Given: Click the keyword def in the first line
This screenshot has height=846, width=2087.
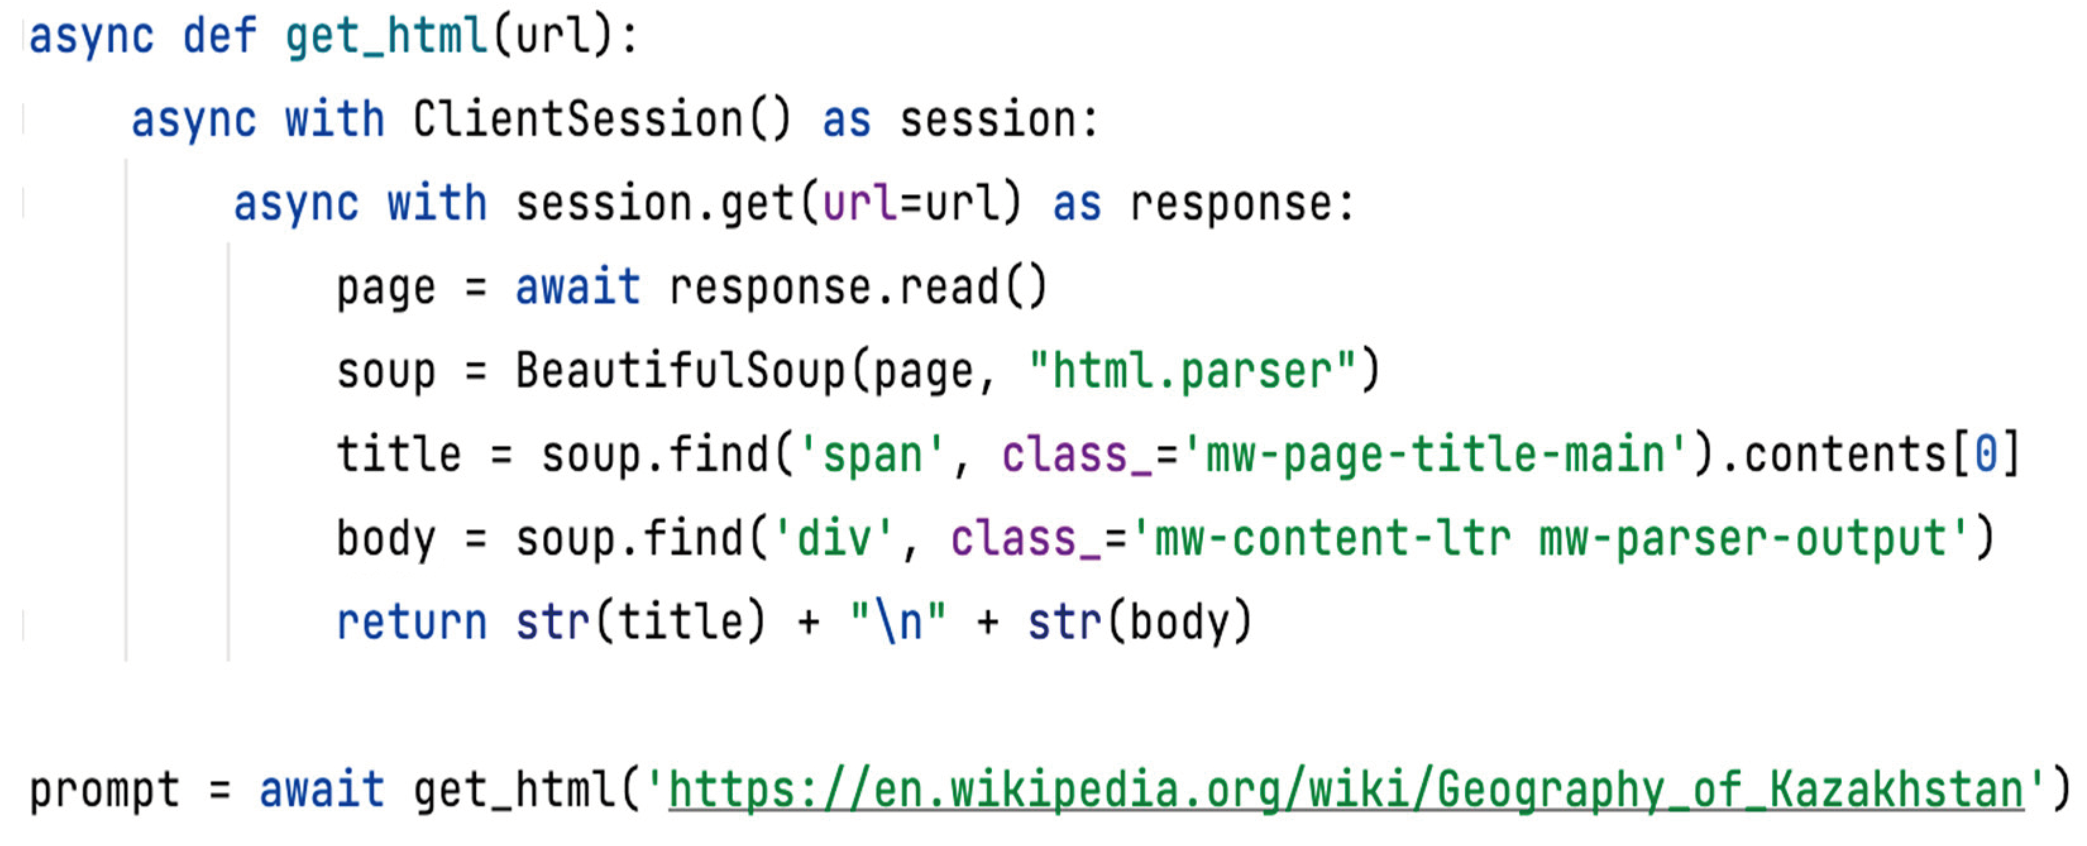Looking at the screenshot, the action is (219, 37).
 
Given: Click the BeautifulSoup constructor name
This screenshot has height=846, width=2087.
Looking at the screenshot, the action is (680, 372).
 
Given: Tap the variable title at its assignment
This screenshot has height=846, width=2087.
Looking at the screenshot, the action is (398, 455).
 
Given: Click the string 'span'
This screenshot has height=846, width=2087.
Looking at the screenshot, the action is (872, 455).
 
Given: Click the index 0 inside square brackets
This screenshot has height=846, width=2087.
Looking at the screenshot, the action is (1986, 455).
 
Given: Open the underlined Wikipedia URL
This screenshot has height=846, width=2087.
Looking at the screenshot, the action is (1345, 791).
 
